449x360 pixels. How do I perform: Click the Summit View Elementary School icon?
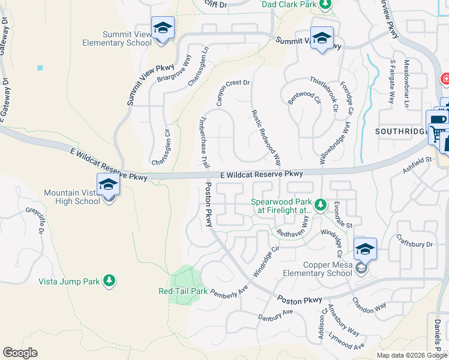point(161,29)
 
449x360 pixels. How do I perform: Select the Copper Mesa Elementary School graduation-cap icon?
point(364,249)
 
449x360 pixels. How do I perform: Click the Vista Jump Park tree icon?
point(109,281)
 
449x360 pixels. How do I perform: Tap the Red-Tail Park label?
point(182,291)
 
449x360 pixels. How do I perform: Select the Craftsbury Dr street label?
point(413,244)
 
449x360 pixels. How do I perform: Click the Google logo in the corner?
point(20,353)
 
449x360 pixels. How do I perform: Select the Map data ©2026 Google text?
point(411,355)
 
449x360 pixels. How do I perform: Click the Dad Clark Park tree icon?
point(325,5)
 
